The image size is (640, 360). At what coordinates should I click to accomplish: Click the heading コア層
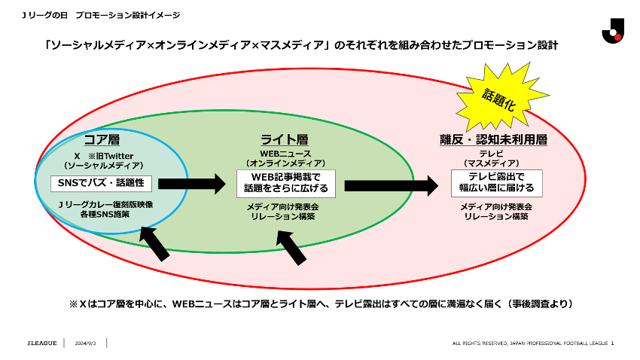pos(102,141)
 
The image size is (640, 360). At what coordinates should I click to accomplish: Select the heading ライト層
pos(285,140)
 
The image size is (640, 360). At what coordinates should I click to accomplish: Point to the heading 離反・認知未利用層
pos(493,140)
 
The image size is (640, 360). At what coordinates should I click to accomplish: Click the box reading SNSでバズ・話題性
pos(102,183)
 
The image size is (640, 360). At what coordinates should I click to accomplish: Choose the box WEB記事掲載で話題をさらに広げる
pos(285,182)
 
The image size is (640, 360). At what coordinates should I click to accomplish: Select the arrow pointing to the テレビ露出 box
pos(392,183)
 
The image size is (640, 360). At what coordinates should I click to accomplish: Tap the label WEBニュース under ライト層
pos(285,153)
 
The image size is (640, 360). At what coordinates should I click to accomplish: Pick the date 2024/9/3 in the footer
pos(84,343)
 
